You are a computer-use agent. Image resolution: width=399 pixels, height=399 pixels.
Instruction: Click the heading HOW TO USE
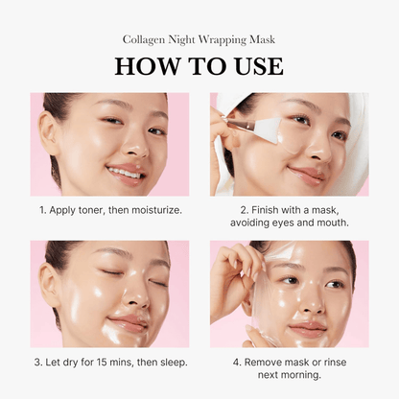199,65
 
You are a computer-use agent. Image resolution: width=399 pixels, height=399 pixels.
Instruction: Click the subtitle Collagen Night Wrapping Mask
199,40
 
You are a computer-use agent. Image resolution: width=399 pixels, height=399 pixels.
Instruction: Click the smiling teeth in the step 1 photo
125,171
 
